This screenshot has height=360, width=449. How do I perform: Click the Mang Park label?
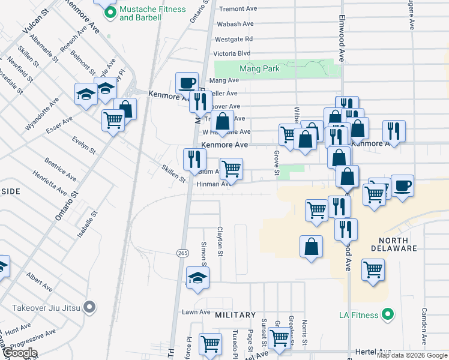point(259,69)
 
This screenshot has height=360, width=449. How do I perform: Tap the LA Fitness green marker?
point(388,314)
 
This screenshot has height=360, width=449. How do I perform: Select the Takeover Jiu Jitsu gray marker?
point(89,308)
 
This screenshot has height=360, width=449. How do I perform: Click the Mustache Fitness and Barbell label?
point(140,14)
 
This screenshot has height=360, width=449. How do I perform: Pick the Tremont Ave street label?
point(238,9)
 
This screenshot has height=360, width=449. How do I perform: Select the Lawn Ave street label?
point(195,312)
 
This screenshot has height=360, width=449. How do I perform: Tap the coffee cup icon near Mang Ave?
point(187,82)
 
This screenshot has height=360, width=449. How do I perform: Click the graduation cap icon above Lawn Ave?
point(197,277)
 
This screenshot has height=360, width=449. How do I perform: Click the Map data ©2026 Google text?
point(412,355)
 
